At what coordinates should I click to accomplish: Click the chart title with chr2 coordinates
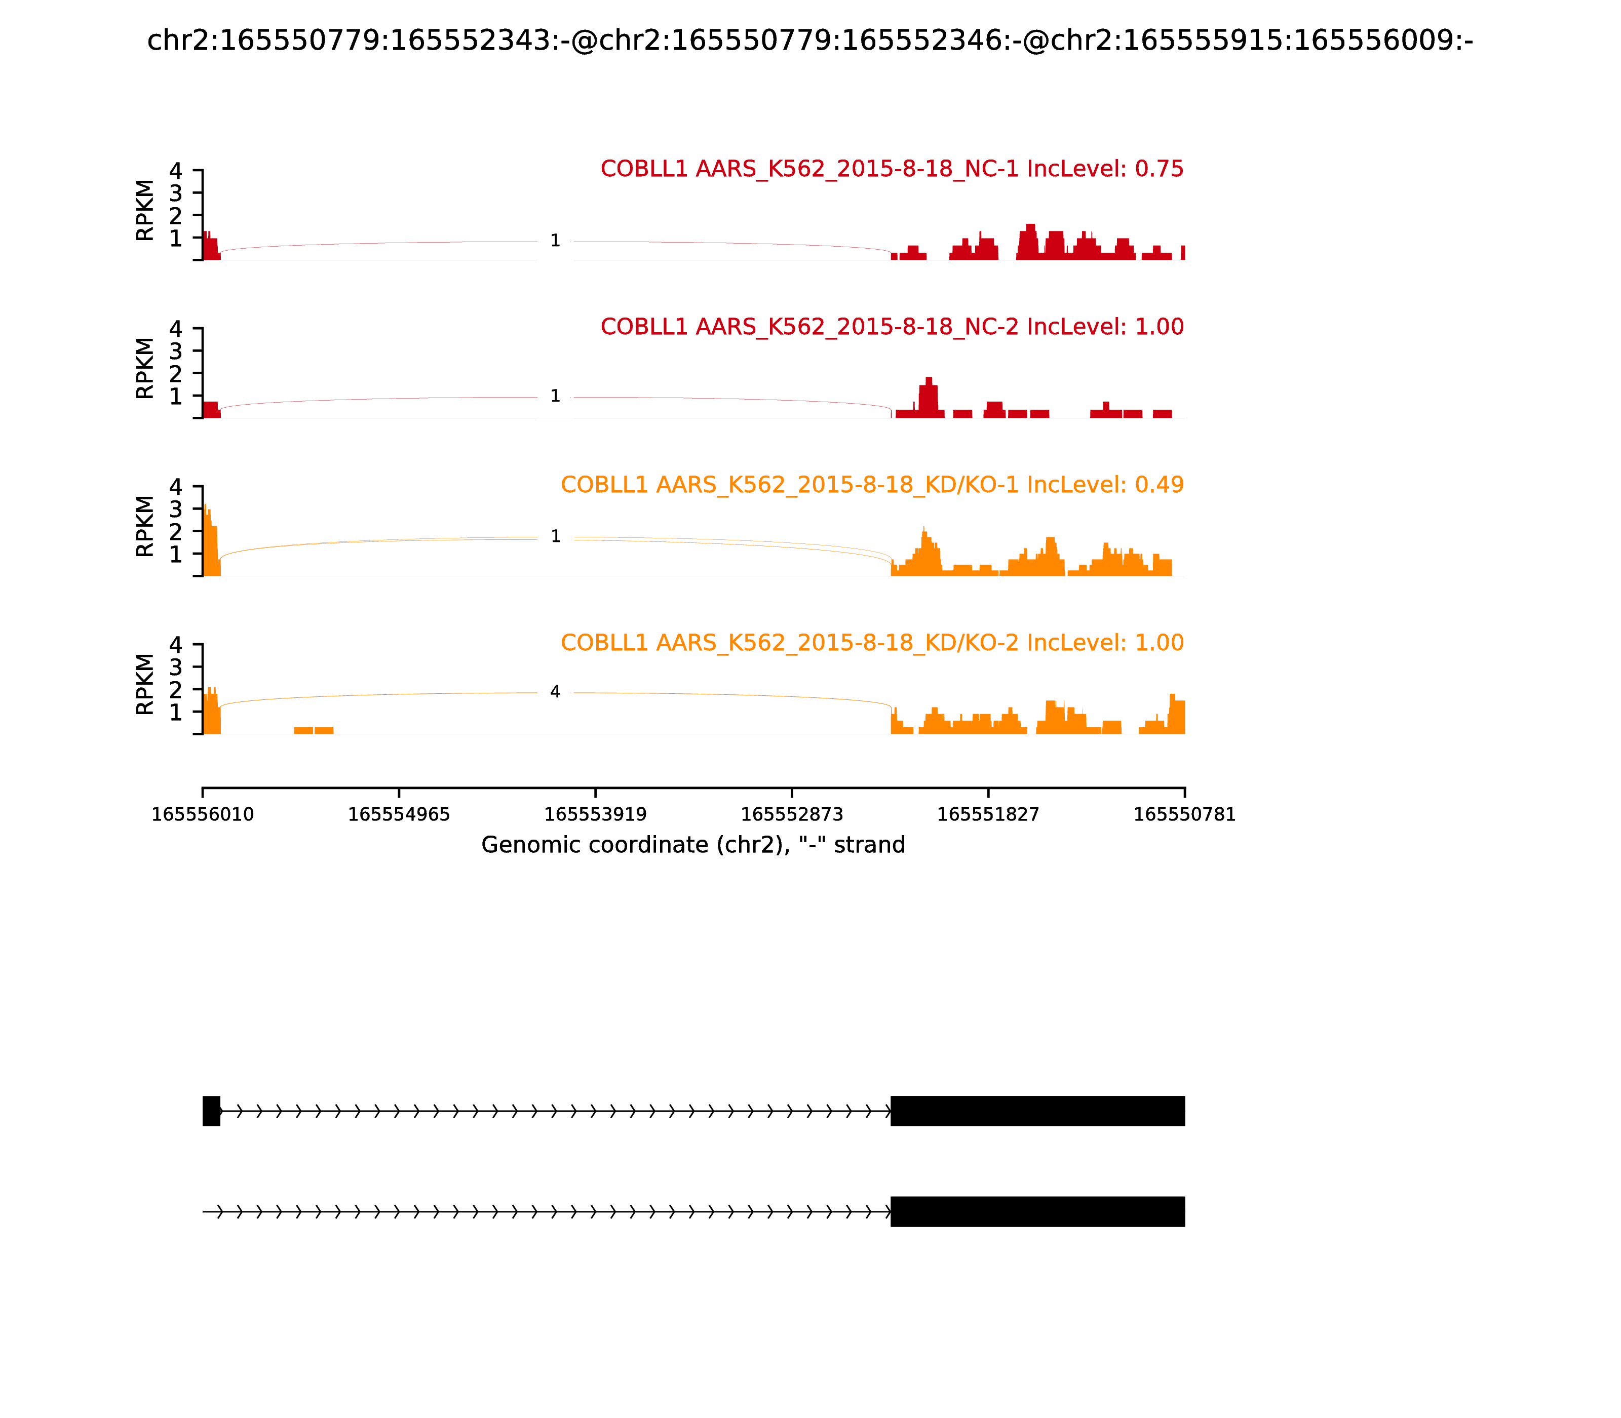coord(809,41)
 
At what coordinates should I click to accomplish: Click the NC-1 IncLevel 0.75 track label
coord(892,169)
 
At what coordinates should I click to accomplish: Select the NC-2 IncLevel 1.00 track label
coord(892,326)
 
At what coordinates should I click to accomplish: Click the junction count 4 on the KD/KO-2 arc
coord(555,692)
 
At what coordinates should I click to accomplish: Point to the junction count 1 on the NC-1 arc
coord(555,241)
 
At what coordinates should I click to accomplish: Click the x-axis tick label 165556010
coord(203,815)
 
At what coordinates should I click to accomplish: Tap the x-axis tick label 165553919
coord(595,815)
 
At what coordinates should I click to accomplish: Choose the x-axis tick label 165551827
coord(988,815)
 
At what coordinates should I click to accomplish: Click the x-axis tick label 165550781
coord(1184,815)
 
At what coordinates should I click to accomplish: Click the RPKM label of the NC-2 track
coord(145,368)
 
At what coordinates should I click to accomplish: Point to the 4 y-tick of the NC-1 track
coord(176,171)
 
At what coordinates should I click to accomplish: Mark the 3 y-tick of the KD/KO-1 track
coord(176,509)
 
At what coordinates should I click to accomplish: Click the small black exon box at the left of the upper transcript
coord(211,1111)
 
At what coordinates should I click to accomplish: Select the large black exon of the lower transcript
coord(1037,1211)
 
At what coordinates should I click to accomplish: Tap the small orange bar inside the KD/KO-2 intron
coord(314,730)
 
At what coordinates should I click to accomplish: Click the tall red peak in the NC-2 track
coord(929,396)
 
